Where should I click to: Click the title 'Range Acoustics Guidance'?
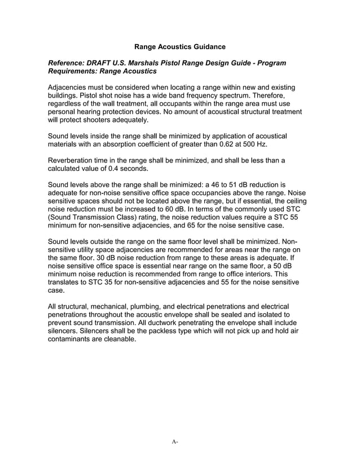(179, 46)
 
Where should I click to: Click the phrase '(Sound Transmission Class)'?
(96, 217)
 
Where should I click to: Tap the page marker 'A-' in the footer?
(175, 441)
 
